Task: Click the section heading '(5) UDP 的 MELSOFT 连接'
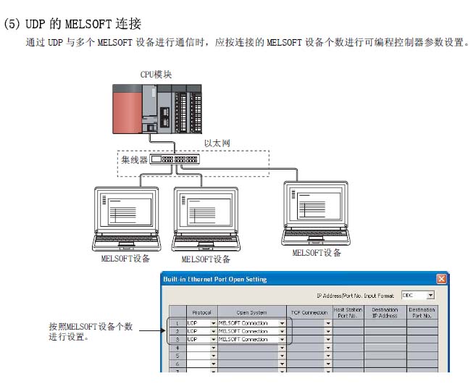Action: pos(73,23)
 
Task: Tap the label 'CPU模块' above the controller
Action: pos(156,75)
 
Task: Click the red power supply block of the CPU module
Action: pos(128,109)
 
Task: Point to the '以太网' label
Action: pos(218,144)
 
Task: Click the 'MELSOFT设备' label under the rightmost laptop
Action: pos(317,253)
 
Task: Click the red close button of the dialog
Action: pos(441,279)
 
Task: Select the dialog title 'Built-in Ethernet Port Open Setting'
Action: pos(214,279)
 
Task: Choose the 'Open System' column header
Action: pos(252,313)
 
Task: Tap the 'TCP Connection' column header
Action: pos(309,313)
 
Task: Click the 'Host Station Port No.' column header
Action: pos(348,313)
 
